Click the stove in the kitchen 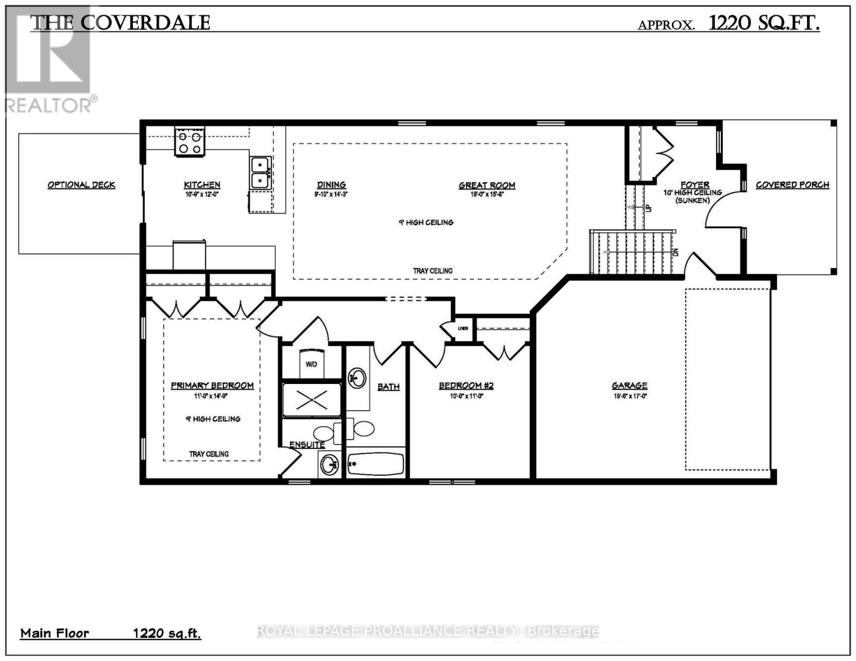[190, 142]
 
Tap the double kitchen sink [260, 172]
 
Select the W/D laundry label [311, 364]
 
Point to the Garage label [629, 386]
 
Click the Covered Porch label [792, 185]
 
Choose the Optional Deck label [81, 185]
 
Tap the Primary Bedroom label [212, 386]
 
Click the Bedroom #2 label [466, 386]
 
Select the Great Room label [487, 186]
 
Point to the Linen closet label [462, 329]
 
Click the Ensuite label [307, 445]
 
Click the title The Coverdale [120, 23]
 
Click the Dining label [331, 185]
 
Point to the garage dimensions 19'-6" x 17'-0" [629, 395]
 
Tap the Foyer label [695, 185]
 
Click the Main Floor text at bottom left [55, 633]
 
